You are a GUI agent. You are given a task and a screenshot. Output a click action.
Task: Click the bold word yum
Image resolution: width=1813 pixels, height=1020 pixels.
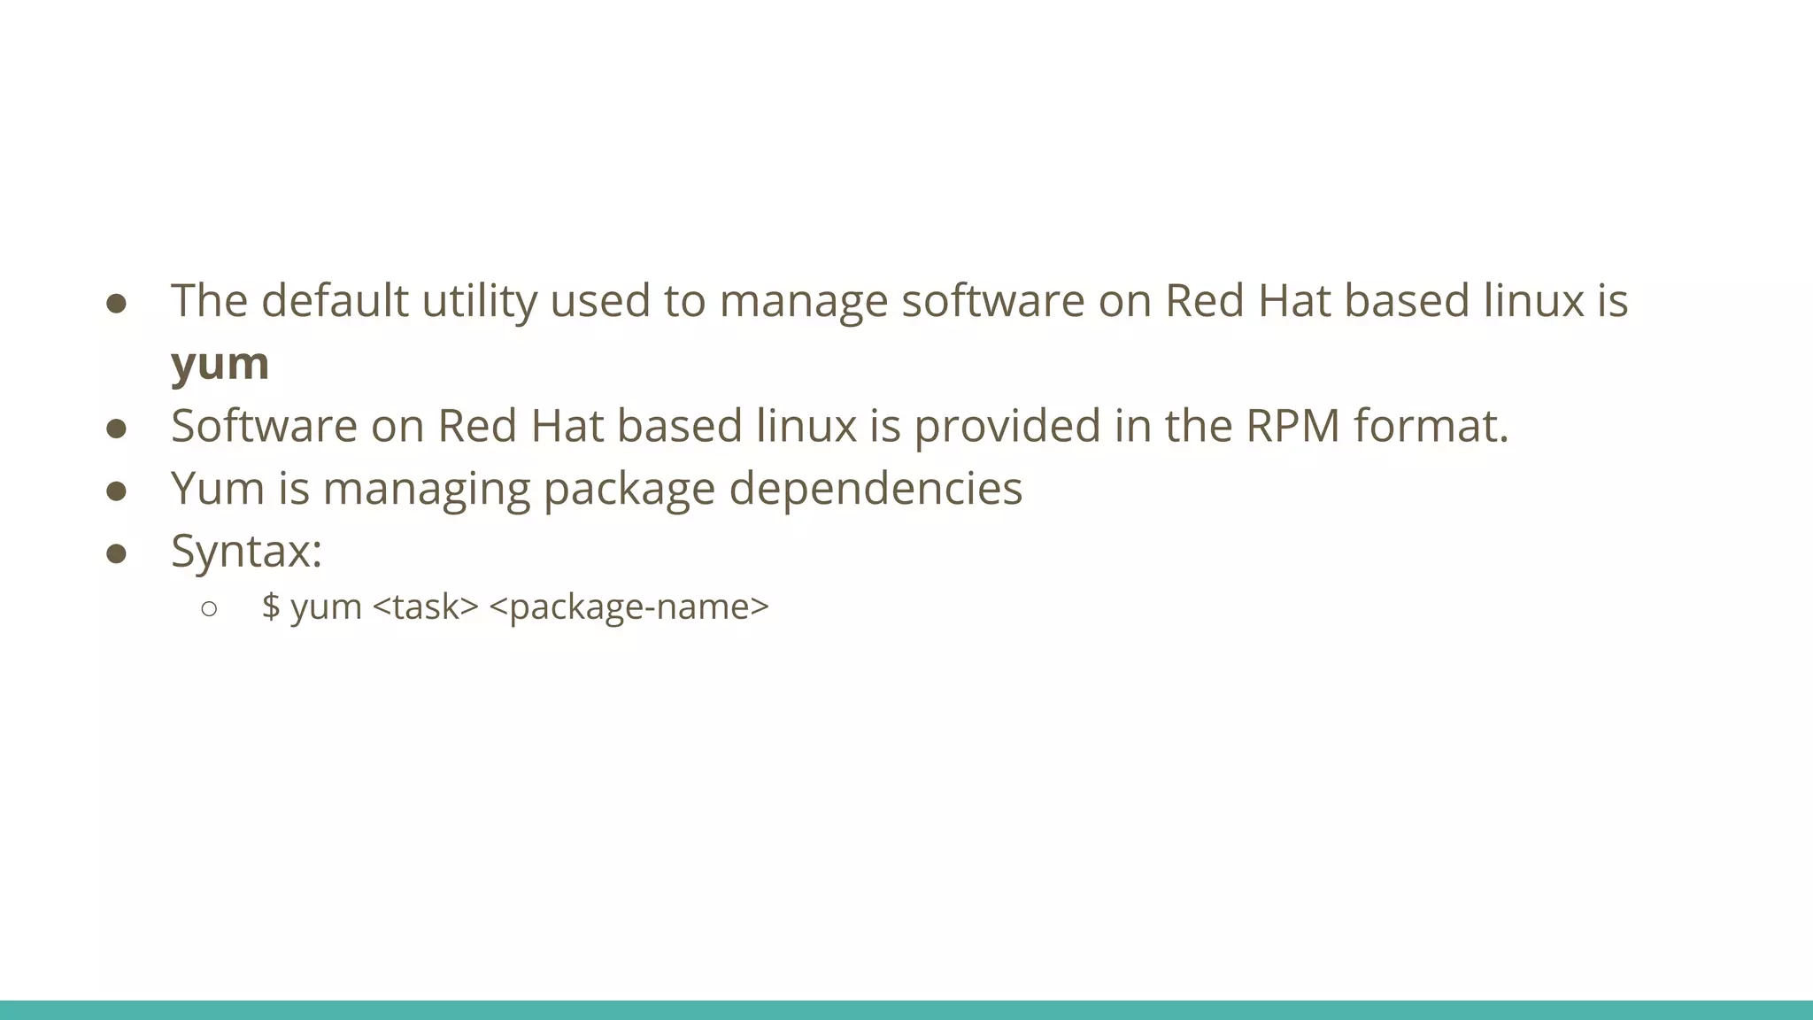click(220, 364)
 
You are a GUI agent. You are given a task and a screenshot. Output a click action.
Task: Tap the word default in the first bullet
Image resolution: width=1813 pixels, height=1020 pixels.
click(335, 300)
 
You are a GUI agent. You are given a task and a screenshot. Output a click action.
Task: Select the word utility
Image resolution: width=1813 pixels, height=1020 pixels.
click(479, 302)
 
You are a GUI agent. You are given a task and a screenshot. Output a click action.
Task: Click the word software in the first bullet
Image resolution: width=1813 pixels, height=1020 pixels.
click(992, 300)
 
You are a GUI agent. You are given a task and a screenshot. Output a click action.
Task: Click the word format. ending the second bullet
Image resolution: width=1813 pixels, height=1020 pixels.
click(1431, 426)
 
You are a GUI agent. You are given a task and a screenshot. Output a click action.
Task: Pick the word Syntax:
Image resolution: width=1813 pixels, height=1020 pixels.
click(246, 552)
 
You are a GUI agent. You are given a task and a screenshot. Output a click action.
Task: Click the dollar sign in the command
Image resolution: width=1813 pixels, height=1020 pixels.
click(271, 607)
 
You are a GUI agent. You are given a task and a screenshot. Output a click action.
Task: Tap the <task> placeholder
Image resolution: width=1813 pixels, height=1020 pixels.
click(426, 607)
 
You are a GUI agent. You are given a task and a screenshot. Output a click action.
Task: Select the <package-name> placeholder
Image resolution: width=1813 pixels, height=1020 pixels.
click(629, 607)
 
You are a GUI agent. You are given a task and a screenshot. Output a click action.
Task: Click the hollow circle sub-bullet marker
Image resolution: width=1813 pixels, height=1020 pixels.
click(209, 608)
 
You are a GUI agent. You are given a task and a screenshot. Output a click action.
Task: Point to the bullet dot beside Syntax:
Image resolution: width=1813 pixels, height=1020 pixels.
click(116, 554)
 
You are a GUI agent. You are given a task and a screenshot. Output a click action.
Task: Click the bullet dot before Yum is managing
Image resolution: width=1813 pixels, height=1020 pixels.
click(116, 491)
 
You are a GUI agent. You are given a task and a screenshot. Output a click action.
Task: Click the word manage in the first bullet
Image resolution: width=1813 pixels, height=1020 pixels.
click(803, 302)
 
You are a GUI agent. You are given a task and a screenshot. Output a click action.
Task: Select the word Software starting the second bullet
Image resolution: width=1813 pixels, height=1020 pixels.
click(264, 426)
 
